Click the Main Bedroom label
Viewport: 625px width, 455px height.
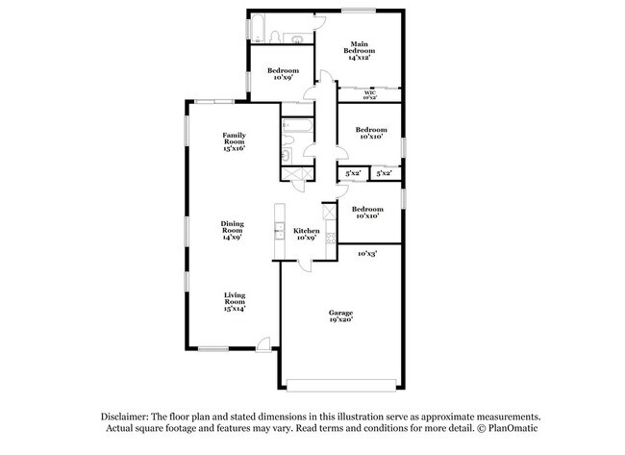point(360,50)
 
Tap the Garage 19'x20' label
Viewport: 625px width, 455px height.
point(340,316)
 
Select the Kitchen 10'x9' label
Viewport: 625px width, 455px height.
point(306,234)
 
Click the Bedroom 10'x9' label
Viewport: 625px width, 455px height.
point(283,74)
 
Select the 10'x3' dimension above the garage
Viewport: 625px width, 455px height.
point(366,254)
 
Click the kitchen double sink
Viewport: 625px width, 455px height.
point(279,230)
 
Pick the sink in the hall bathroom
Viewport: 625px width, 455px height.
point(286,154)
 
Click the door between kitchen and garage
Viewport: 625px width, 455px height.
point(306,266)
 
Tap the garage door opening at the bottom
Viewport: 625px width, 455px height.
point(339,387)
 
